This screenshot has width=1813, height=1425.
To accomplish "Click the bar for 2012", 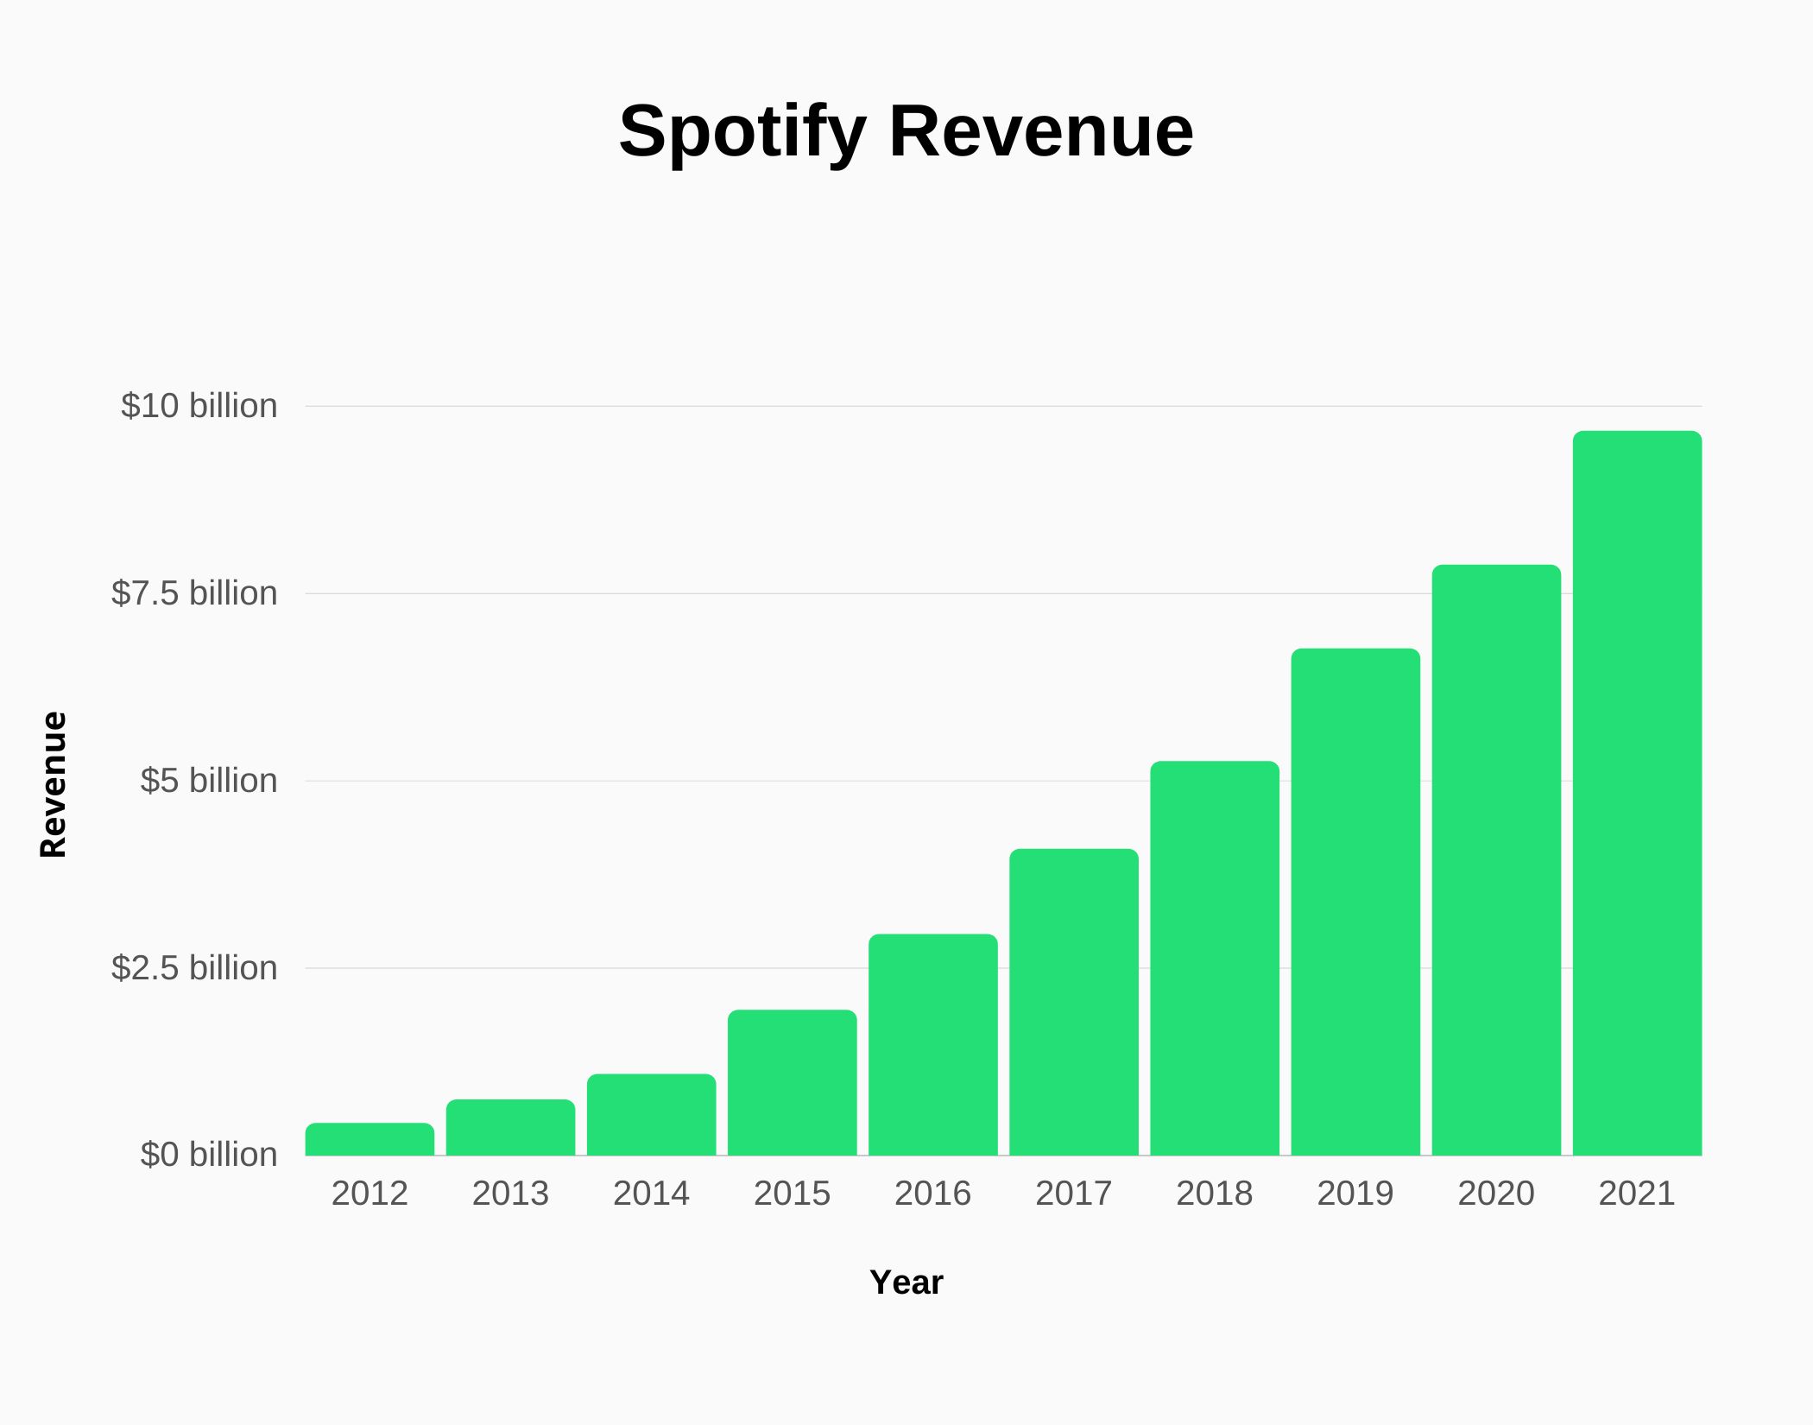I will [x=370, y=1139].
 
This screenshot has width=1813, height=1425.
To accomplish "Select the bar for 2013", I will [x=510, y=1127].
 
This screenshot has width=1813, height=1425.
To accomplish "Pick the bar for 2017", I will [x=1074, y=1002].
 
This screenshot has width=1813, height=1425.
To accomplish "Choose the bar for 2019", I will [x=1355, y=902].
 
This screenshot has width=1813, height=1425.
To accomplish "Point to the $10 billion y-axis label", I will [x=199, y=406].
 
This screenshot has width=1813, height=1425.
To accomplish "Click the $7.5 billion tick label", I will [x=194, y=593].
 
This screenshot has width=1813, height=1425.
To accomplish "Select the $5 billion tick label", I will [x=208, y=781].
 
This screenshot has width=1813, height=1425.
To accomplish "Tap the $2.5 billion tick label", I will [x=194, y=968].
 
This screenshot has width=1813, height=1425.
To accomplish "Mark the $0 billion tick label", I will [x=208, y=1155].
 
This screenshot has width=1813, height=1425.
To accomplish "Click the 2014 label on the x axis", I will [x=651, y=1194].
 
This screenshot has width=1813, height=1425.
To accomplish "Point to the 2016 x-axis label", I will [x=932, y=1194].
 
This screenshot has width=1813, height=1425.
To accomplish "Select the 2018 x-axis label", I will [x=1214, y=1194].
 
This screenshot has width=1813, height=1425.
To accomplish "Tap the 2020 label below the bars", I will [x=1496, y=1194].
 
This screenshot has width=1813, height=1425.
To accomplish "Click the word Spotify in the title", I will [x=742, y=132].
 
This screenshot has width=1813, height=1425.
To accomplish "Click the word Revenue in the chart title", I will [x=1041, y=132].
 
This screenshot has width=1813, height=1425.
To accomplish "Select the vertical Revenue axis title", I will [x=54, y=784].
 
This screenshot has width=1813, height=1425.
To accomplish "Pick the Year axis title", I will [x=906, y=1282].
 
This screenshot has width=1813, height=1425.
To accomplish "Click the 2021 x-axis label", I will [x=1637, y=1194].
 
